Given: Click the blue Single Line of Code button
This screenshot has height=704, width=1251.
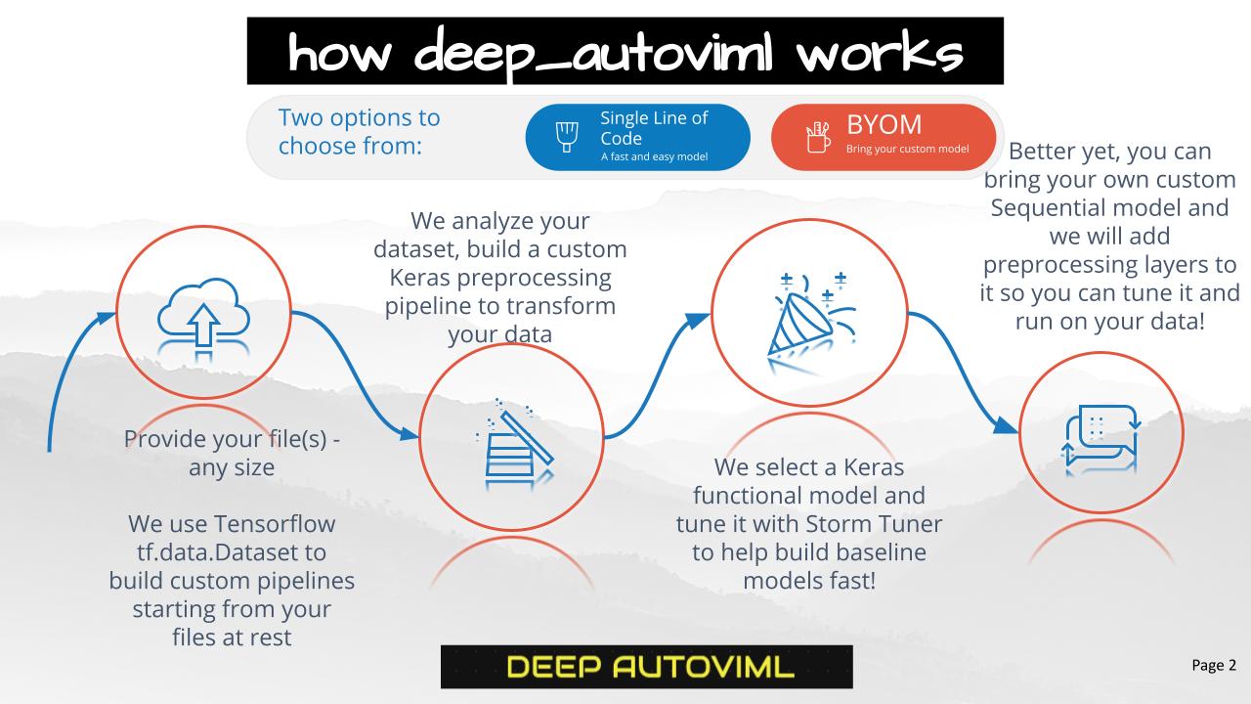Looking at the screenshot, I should coord(637,137).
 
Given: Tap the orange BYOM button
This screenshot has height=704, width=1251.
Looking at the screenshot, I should coord(883,137).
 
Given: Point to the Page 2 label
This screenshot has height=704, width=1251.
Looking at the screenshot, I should coord(1213,665).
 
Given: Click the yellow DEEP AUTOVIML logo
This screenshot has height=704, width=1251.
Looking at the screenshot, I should coord(646,667).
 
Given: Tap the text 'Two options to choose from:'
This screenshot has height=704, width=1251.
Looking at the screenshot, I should coord(359,132).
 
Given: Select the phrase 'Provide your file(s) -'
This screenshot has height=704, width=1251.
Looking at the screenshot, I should coord(232,440).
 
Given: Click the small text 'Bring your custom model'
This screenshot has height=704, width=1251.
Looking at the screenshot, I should coord(907,149).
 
